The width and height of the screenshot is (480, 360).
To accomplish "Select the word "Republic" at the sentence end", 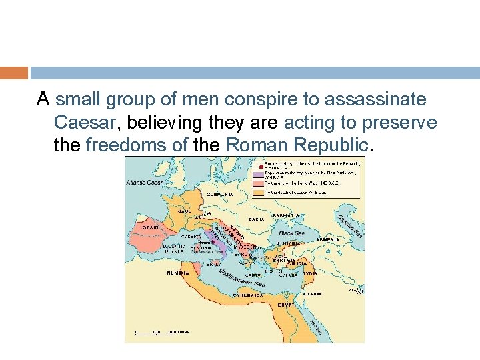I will pos(330,145).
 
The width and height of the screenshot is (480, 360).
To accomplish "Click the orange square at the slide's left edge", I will pos(14,72).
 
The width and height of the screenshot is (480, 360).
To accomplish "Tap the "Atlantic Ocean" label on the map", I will pos(145,181).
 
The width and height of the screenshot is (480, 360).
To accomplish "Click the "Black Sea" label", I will pos(291,234).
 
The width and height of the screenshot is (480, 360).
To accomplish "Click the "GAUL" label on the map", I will pos(184,211).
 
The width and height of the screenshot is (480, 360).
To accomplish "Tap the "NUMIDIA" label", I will pos(178,272).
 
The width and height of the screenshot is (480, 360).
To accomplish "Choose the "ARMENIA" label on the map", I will pos(328,239).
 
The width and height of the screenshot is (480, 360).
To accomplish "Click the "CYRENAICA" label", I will pos(246,294).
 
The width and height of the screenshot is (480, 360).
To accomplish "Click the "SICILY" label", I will pos(212,264).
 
